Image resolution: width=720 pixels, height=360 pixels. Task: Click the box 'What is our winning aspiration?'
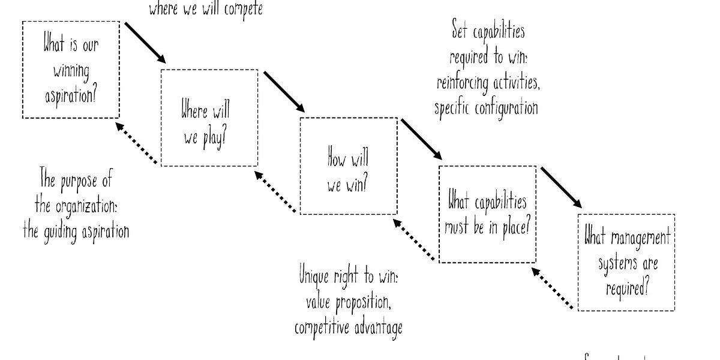(x=71, y=70)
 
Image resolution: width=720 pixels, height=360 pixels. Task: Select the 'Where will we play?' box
(x=209, y=118)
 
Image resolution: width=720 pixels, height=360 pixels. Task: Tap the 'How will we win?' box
(x=348, y=166)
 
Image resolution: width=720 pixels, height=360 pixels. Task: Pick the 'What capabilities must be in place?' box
(x=487, y=214)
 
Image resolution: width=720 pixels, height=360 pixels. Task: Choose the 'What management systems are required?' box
(x=626, y=262)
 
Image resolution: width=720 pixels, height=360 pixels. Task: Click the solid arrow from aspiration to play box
(x=145, y=42)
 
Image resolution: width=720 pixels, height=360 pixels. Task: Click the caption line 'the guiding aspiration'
(x=76, y=232)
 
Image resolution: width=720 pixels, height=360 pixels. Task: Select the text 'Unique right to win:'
(x=349, y=277)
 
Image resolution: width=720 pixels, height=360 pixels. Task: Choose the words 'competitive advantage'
(x=349, y=328)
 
